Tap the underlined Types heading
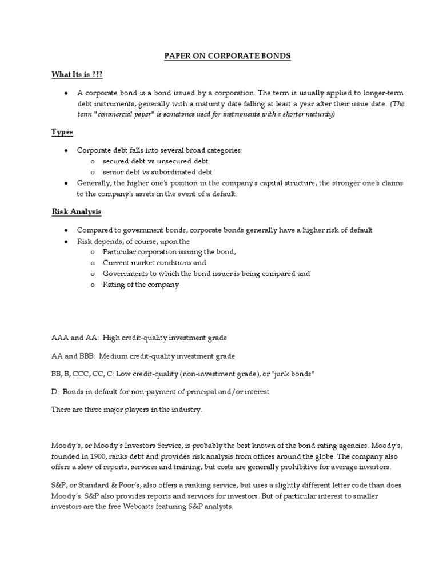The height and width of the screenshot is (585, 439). pyautogui.click(x=62, y=132)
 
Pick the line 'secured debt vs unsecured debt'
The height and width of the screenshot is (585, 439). pyautogui.click(x=155, y=161)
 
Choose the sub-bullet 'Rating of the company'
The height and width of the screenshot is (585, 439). pyautogui.click(x=141, y=285)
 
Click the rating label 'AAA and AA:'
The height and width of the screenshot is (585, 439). pyautogui.click(x=75, y=338)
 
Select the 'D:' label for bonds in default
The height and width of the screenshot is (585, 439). pyautogui.click(x=55, y=391)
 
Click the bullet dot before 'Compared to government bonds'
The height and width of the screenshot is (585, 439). pyautogui.click(x=66, y=230)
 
